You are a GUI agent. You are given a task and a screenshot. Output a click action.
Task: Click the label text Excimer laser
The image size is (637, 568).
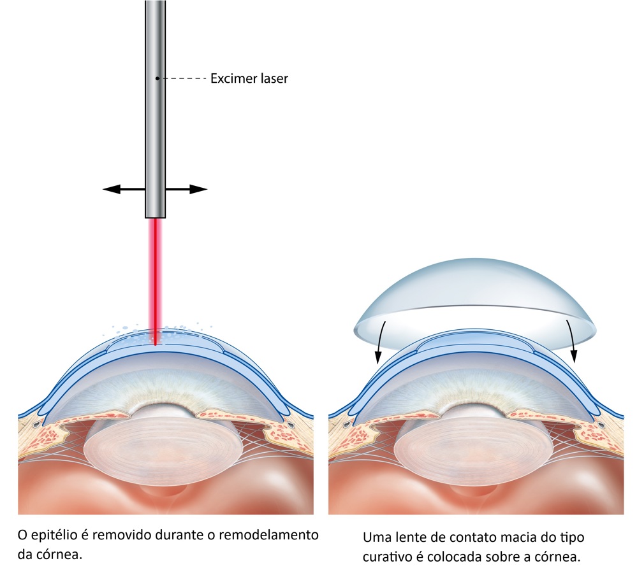tap(249, 80)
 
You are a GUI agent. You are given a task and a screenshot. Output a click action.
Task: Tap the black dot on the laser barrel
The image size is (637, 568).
tap(157, 79)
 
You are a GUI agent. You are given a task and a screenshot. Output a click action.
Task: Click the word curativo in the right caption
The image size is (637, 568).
tap(388, 556)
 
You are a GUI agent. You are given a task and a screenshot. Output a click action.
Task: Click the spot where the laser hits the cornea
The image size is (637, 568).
tap(156, 344)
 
